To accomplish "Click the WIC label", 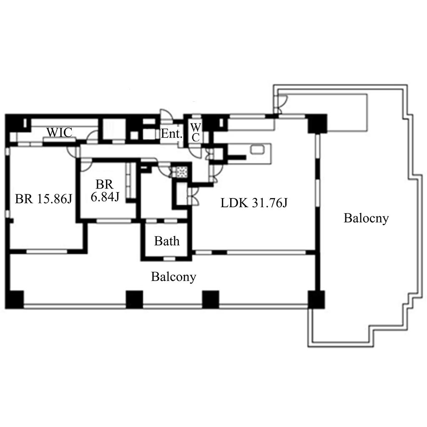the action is click(x=59, y=132).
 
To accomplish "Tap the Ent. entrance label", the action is click(x=171, y=134).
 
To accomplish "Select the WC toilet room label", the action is click(x=196, y=132).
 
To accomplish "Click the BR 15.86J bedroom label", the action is click(x=43, y=199).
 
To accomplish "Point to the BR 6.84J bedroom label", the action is click(x=105, y=191).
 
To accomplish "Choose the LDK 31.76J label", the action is click(x=254, y=203).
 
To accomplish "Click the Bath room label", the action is click(x=167, y=241).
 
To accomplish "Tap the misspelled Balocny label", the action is click(x=366, y=219).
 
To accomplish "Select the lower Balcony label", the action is click(x=173, y=277).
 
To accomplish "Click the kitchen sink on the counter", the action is click(x=256, y=150).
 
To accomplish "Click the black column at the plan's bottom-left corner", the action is click(x=15, y=299).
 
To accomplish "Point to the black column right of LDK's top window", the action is click(x=317, y=124).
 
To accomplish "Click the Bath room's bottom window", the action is click(x=169, y=259).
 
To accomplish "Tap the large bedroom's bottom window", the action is click(x=47, y=251).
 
